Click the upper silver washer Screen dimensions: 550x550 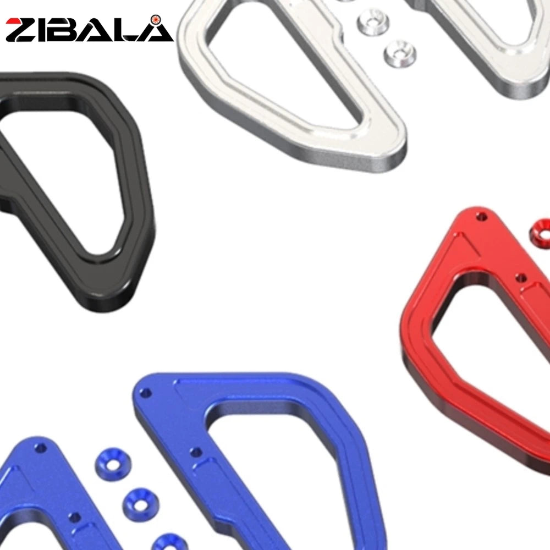[x=373, y=23]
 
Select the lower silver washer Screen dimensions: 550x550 [x=400, y=54]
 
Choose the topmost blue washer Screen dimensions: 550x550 [x=113, y=464]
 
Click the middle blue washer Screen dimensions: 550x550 [x=141, y=505]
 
